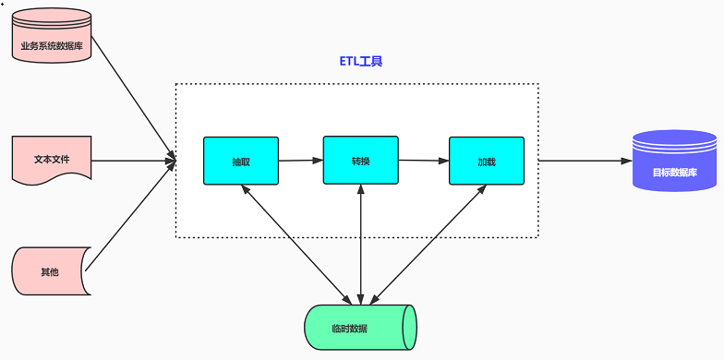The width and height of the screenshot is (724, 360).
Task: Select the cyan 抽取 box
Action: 241,161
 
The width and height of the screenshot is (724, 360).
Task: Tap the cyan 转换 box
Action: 360,160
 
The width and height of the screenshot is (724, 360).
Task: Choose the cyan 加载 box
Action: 487,161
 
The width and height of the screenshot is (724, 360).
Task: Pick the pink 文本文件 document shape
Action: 52,158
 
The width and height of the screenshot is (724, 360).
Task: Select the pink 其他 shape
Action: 50,271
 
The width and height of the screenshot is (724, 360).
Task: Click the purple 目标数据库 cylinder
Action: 674,161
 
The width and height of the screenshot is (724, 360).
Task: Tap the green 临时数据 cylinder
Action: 360,328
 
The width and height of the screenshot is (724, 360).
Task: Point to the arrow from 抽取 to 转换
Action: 300,161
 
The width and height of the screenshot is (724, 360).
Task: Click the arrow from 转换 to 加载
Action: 423,161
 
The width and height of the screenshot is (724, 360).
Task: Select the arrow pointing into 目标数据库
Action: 584,161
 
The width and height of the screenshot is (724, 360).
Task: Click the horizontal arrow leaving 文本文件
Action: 134,161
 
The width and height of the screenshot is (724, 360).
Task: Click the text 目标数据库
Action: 674,172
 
